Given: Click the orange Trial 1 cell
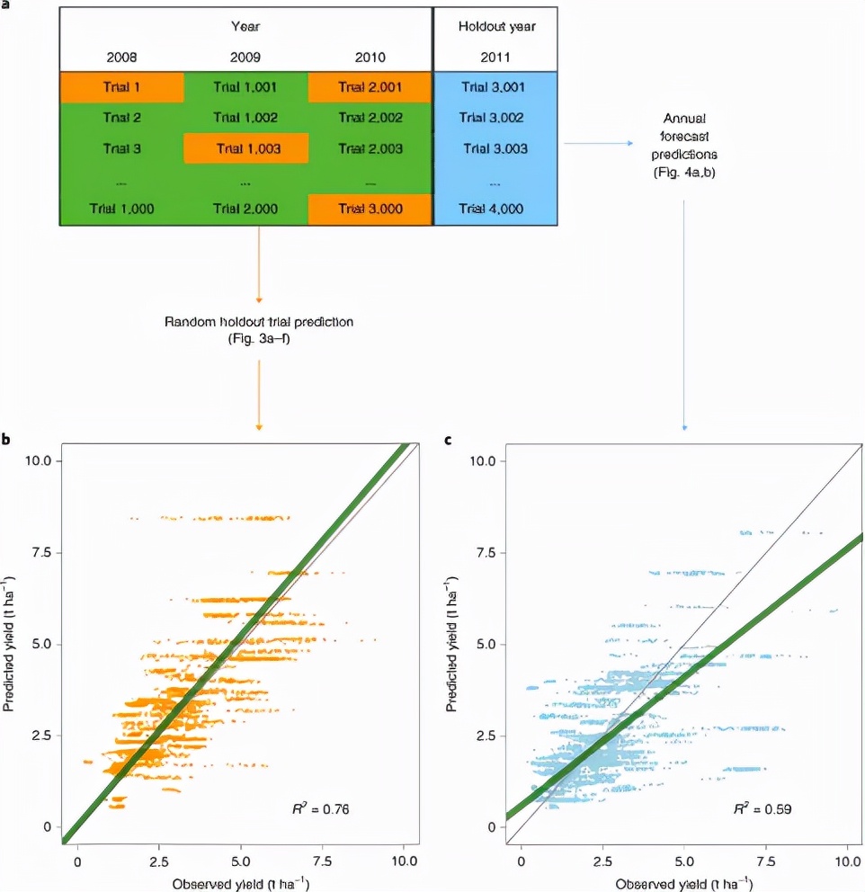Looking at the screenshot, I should [121, 87].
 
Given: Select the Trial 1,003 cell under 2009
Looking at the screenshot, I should [245, 148].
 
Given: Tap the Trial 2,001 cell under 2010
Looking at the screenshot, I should [370, 87].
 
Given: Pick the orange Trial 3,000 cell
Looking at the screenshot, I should [370, 209].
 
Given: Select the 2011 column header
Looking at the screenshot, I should [495, 57].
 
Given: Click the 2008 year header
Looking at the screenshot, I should [121, 57].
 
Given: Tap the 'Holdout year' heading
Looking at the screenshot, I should [495, 26].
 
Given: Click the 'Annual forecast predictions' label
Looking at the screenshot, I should [684, 143].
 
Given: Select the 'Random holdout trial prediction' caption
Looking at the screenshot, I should [258, 329].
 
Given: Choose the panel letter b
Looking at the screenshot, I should [7, 440].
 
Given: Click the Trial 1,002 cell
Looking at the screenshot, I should [245, 118].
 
